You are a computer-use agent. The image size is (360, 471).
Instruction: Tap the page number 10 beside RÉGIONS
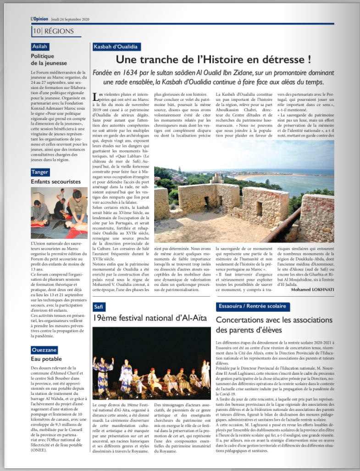(x=37, y=31)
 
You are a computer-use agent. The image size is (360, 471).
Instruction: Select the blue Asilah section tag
(x=40, y=47)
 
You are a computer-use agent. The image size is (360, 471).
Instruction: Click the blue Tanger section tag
(x=40, y=172)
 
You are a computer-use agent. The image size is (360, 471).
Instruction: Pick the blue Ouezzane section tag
(x=44, y=350)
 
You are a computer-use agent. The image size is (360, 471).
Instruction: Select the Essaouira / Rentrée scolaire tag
(x=253, y=306)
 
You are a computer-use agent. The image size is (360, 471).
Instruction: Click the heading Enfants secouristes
(x=55, y=182)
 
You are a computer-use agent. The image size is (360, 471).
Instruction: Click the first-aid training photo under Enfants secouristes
(x=59, y=212)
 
